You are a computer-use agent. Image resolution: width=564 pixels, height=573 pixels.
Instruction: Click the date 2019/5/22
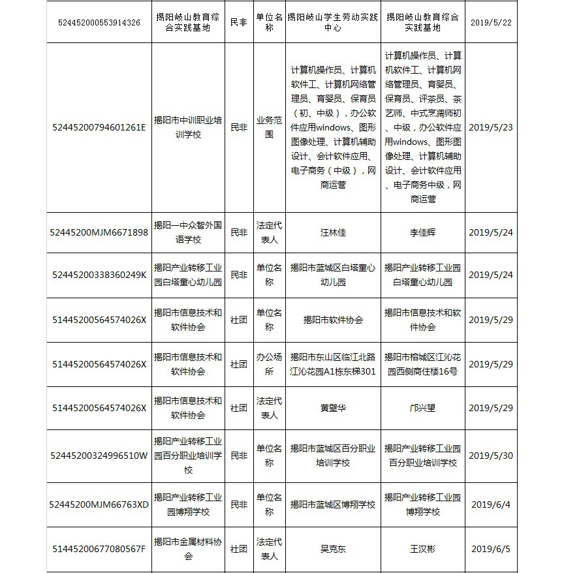[x=491, y=22]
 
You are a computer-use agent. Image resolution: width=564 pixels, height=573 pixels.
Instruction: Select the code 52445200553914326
[x=99, y=22]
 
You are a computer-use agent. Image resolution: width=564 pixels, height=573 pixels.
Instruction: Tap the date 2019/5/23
[x=491, y=127]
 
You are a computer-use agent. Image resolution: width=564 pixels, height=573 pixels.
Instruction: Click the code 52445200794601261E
[x=99, y=127]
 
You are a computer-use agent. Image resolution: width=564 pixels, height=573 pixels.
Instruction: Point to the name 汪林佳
[x=333, y=232]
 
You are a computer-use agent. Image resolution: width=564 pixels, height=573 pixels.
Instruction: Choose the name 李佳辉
[x=422, y=232]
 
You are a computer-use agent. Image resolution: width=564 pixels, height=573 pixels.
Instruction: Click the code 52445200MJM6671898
[x=99, y=232]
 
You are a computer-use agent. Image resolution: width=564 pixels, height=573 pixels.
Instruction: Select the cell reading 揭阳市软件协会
[x=333, y=320]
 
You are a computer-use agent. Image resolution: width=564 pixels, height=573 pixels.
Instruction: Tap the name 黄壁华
[x=333, y=408]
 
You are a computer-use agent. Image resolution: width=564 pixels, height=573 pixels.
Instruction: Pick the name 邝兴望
[x=422, y=408]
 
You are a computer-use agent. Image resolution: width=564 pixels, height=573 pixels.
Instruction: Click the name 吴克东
[x=333, y=549]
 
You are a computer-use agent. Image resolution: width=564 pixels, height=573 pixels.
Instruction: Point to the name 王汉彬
[x=422, y=549]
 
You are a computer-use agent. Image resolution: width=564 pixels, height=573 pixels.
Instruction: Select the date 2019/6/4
[x=491, y=504]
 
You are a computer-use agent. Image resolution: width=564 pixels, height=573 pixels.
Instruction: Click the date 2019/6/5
[x=491, y=549]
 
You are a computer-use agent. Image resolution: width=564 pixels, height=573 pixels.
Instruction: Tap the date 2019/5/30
[x=491, y=456]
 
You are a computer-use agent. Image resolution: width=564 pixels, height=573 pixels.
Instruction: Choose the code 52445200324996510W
[x=99, y=456]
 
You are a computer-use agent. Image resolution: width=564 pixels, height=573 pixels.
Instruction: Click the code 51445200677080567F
[x=99, y=549]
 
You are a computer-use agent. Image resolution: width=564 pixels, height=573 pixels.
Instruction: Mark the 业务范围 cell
[x=269, y=127]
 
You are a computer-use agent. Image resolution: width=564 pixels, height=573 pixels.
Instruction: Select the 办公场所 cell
[x=269, y=364]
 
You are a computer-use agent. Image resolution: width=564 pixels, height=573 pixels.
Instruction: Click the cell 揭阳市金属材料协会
[x=188, y=549]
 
